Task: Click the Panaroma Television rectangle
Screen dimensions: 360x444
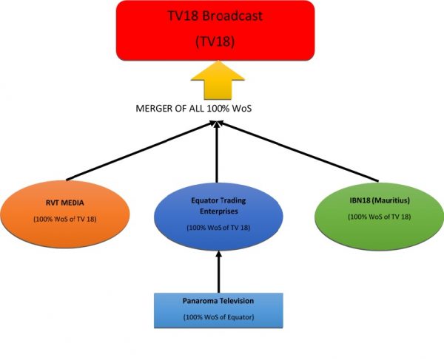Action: [x=218, y=310]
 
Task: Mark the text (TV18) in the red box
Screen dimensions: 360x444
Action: [x=215, y=43]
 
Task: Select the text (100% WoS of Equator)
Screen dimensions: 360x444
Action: [x=218, y=317]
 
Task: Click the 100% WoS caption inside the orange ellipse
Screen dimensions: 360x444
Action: [x=67, y=220]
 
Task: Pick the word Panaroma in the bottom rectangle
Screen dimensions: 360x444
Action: [x=200, y=302]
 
